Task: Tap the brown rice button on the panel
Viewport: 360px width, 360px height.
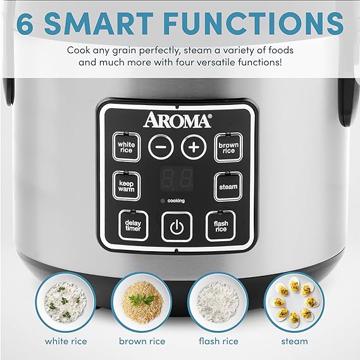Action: (x=228, y=148)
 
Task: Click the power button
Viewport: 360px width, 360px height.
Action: (x=177, y=226)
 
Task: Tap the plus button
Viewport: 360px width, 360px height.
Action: (x=194, y=147)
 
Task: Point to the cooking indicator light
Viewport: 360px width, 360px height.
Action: (x=163, y=201)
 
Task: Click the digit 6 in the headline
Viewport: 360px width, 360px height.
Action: (x=26, y=24)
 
